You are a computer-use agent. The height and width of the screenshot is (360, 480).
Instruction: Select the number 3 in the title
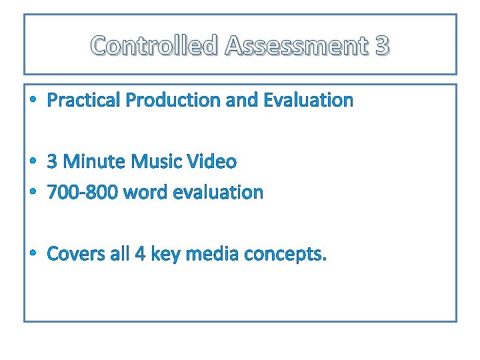coord(382,46)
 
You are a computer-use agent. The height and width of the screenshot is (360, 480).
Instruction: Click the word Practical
coord(84,101)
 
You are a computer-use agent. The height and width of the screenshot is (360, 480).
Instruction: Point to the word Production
coord(174,101)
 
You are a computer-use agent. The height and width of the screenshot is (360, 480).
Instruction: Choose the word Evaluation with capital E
coord(309,101)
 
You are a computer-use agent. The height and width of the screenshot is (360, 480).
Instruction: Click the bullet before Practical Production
coord(33,101)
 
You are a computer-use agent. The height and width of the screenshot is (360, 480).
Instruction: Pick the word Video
coord(211,162)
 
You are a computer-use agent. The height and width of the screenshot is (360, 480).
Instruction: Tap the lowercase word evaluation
coord(218,193)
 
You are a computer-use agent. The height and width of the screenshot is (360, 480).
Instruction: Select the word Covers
coord(75,254)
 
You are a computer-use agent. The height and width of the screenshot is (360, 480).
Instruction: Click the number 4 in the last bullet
coord(139,254)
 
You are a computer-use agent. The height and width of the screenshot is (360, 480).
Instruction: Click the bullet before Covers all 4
coord(33,255)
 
